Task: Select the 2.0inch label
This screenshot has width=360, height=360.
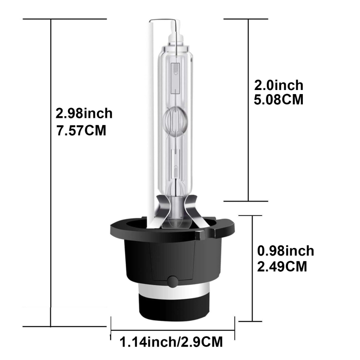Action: (278, 85)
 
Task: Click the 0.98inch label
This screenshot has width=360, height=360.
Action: (285, 251)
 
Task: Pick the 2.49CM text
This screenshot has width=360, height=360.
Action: (282, 266)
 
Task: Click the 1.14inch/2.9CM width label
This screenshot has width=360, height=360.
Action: (171, 342)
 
